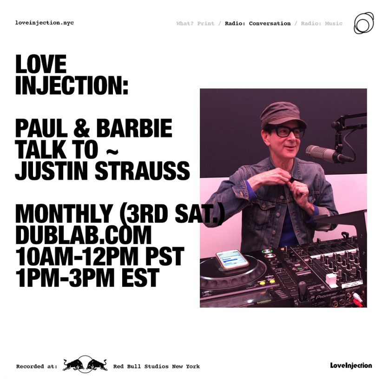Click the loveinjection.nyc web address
point(45,23)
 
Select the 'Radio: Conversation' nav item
point(257,24)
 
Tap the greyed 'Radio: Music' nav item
point(322,24)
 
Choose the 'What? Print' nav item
point(196,24)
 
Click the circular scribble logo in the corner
point(363,23)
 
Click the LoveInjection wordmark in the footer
point(351,366)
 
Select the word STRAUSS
point(142,171)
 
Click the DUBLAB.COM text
point(83,235)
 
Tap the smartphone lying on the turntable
point(232,260)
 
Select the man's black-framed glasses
point(286,132)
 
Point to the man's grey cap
point(283,115)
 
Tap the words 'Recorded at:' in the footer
point(37,367)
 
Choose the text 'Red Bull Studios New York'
point(157,367)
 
